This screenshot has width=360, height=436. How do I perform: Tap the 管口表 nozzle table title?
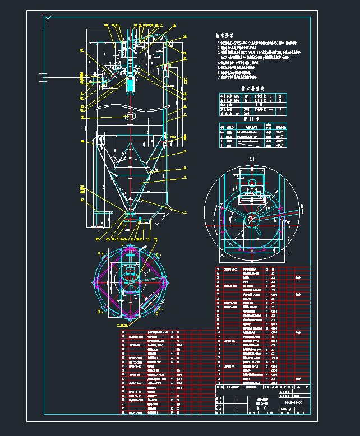tap(247, 119)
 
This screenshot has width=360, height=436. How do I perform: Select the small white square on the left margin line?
tap(42, 77)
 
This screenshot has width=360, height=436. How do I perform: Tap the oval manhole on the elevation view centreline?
tap(131, 115)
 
